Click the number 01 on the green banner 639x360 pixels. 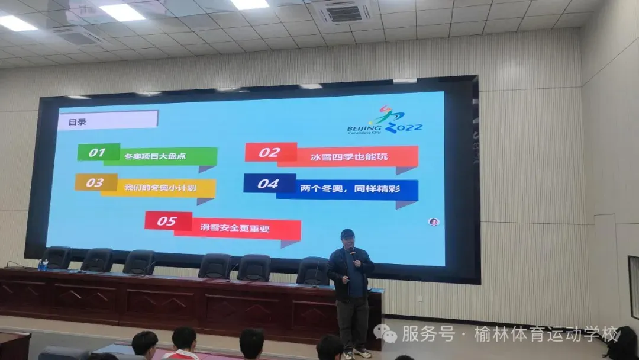coord(97,153)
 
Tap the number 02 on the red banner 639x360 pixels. coord(269,153)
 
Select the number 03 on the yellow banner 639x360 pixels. coord(95,182)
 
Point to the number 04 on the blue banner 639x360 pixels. coord(268,184)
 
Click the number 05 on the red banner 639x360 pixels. coord(167,221)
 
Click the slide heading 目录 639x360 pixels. coord(77,122)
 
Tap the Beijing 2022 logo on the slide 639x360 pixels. coord(385,121)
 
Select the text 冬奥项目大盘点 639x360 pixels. coord(155,156)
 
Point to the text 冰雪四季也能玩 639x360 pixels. coord(349,156)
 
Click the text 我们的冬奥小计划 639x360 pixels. coord(160,188)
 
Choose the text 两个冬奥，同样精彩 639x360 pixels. coord(350,188)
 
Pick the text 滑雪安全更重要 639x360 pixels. coord(235,228)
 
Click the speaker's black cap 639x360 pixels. coord(347,234)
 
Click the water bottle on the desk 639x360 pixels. coord(42,265)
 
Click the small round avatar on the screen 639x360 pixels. coord(434,222)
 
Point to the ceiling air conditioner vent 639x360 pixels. coord(344,13)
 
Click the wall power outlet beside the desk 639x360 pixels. coord(419,298)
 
